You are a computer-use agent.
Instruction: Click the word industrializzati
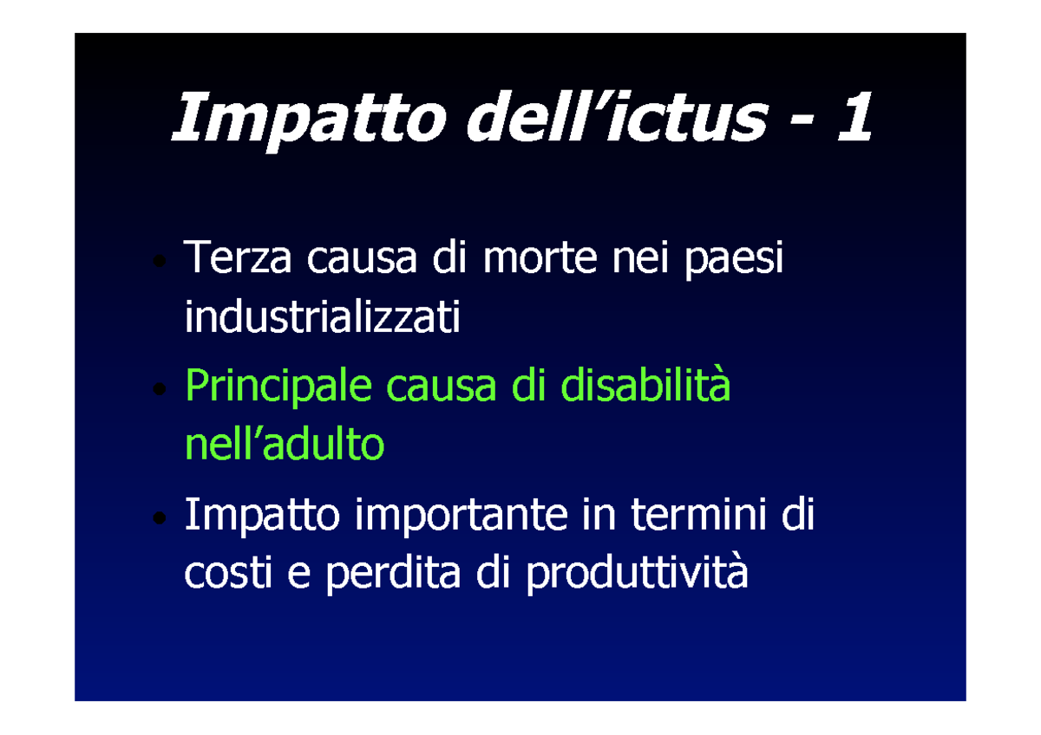[x=322, y=318]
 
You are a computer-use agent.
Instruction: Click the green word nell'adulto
[x=285, y=445]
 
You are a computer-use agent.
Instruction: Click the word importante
[x=460, y=517]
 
